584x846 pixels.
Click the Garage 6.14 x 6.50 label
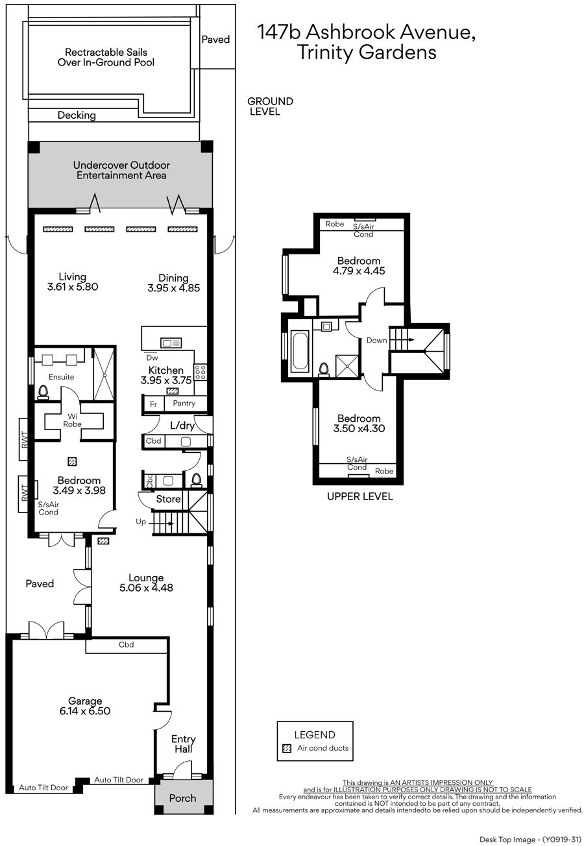85,706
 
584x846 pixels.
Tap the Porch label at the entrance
182,798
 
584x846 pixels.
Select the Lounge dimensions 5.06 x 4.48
146,588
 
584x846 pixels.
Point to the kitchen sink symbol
171,343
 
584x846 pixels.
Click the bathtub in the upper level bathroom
300,350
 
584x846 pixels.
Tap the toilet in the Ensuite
43,393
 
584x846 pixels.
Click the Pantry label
184,403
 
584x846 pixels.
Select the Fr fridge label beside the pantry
153,404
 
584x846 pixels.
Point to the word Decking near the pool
77,115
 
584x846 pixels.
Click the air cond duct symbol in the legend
287,748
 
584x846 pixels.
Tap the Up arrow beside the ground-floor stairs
162,524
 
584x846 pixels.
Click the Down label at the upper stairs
376,341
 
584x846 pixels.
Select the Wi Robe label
72,420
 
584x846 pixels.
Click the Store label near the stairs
168,499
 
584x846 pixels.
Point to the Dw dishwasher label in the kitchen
152,357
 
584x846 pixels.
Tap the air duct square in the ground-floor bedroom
72,461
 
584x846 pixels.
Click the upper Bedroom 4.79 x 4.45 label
359,265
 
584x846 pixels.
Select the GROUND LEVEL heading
270,106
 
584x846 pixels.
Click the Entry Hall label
184,743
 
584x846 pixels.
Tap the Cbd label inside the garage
126,644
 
